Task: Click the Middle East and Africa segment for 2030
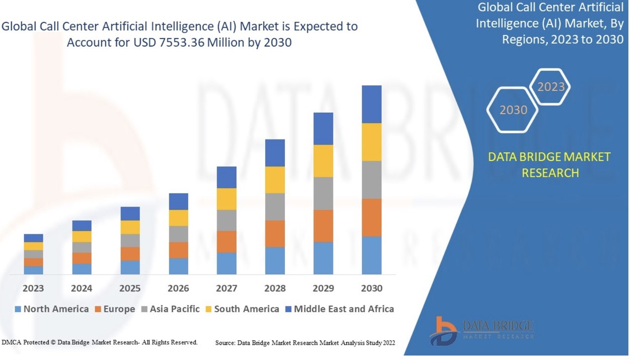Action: click(372, 104)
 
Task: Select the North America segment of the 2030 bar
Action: click(372, 255)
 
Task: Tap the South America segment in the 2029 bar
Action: click(323, 161)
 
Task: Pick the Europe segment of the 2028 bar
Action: click(275, 233)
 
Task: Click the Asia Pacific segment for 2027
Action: click(226, 220)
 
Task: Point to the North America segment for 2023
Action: click(33, 270)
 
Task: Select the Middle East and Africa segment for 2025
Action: click(130, 213)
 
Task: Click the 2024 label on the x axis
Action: click(82, 288)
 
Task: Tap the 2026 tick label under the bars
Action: click(178, 288)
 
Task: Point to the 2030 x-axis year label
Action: click(372, 288)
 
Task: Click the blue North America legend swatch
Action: click(18, 309)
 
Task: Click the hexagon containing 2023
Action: click(551, 87)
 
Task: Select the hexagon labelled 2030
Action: click(513, 110)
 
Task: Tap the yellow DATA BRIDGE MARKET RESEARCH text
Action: click(549, 165)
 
